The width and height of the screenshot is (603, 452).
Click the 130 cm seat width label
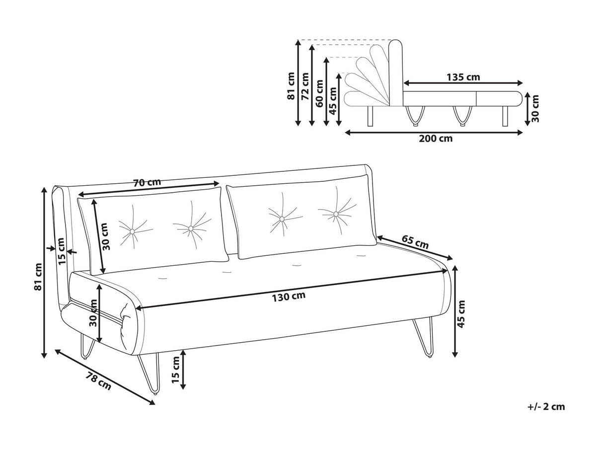pyautogui.click(x=289, y=297)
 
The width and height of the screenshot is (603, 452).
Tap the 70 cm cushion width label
pyautogui.click(x=147, y=182)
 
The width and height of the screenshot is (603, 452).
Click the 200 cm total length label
pyautogui.click(x=436, y=139)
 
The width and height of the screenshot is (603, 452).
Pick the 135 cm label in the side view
pyautogui.click(x=463, y=77)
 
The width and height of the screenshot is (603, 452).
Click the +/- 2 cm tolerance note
pyautogui.click(x=546, y=407)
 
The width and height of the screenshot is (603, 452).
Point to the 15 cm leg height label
pyautogui.click(x=175, y=370)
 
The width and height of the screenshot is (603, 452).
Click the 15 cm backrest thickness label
pyautogui.click(x=62, y=252)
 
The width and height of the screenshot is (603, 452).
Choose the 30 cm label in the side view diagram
pyautogui.click(x=535, y=109)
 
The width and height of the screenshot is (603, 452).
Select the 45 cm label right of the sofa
pyautogui.click(x=461, y=314)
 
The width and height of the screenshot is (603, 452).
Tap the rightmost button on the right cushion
pyautogui.click(x=336, y=214)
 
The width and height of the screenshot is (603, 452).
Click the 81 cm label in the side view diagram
pyautogui.click(x=291, y=86)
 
